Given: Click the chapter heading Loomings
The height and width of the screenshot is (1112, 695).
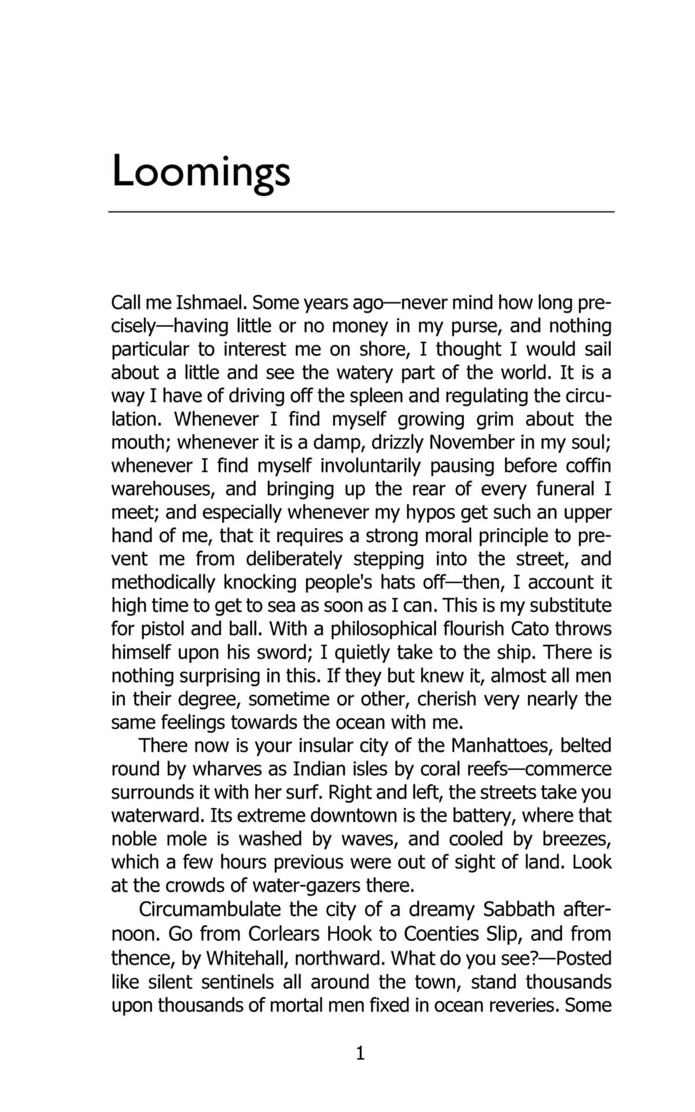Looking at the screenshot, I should click(200, 171).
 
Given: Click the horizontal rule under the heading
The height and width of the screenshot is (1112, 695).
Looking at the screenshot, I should click(361, 212).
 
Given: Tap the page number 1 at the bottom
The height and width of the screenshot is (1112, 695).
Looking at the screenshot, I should click(360, 1053).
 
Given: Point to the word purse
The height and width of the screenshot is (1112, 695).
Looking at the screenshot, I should click(478, 326).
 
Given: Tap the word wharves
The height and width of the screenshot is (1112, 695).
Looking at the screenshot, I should click(226, 769).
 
